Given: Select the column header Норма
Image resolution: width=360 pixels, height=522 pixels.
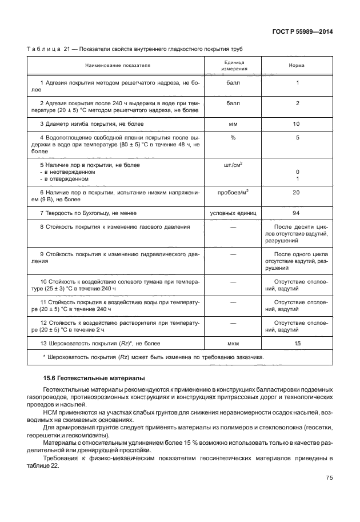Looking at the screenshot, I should [297, 65].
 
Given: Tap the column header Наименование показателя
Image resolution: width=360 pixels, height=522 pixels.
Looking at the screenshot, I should [121, 65].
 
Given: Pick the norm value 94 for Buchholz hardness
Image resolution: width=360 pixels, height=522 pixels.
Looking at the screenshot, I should [297, 213].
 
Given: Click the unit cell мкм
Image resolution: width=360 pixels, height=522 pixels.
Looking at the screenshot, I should [233, 344].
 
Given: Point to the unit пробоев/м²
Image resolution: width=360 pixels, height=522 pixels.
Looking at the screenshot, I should [233, 193].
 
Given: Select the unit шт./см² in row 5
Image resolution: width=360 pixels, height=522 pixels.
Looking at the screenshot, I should [233, 165].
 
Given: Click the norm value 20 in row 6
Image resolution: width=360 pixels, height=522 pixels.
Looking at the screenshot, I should [297, 193].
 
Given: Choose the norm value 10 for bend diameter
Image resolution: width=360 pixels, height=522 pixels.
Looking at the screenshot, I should [297, 124].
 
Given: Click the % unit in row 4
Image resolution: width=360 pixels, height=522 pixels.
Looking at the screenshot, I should [233, 138].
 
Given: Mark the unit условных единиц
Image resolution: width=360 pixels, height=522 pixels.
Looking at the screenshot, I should [233, 213].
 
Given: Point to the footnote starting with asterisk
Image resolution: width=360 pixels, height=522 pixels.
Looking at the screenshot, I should [153, 357].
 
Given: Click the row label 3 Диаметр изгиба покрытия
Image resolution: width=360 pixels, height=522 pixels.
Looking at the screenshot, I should [91, 124].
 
